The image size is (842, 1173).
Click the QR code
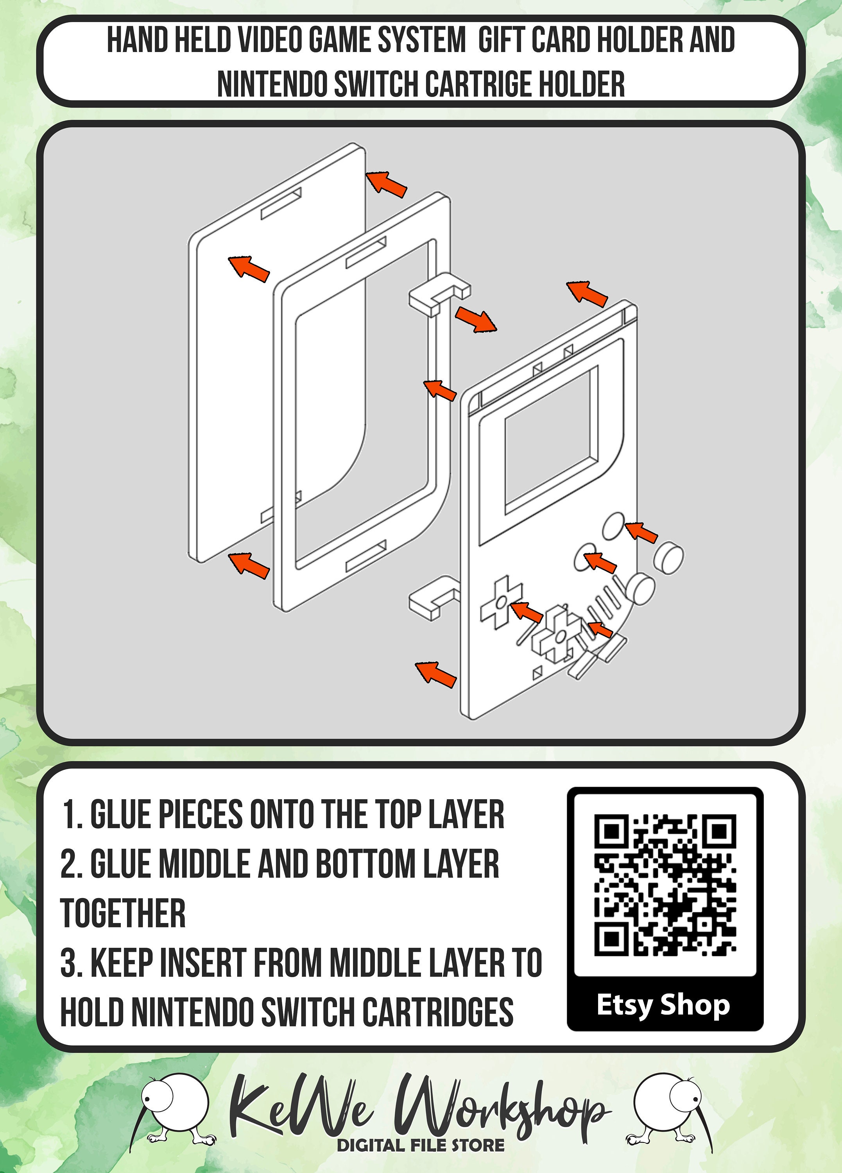point(665,885)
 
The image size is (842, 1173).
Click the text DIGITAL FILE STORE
point(421,1144)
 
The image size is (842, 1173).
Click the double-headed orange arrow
point(476,319)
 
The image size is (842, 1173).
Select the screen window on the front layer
point(551,439)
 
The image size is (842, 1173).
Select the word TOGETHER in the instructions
point(123,913)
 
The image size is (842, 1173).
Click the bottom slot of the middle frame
point(366,556)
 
